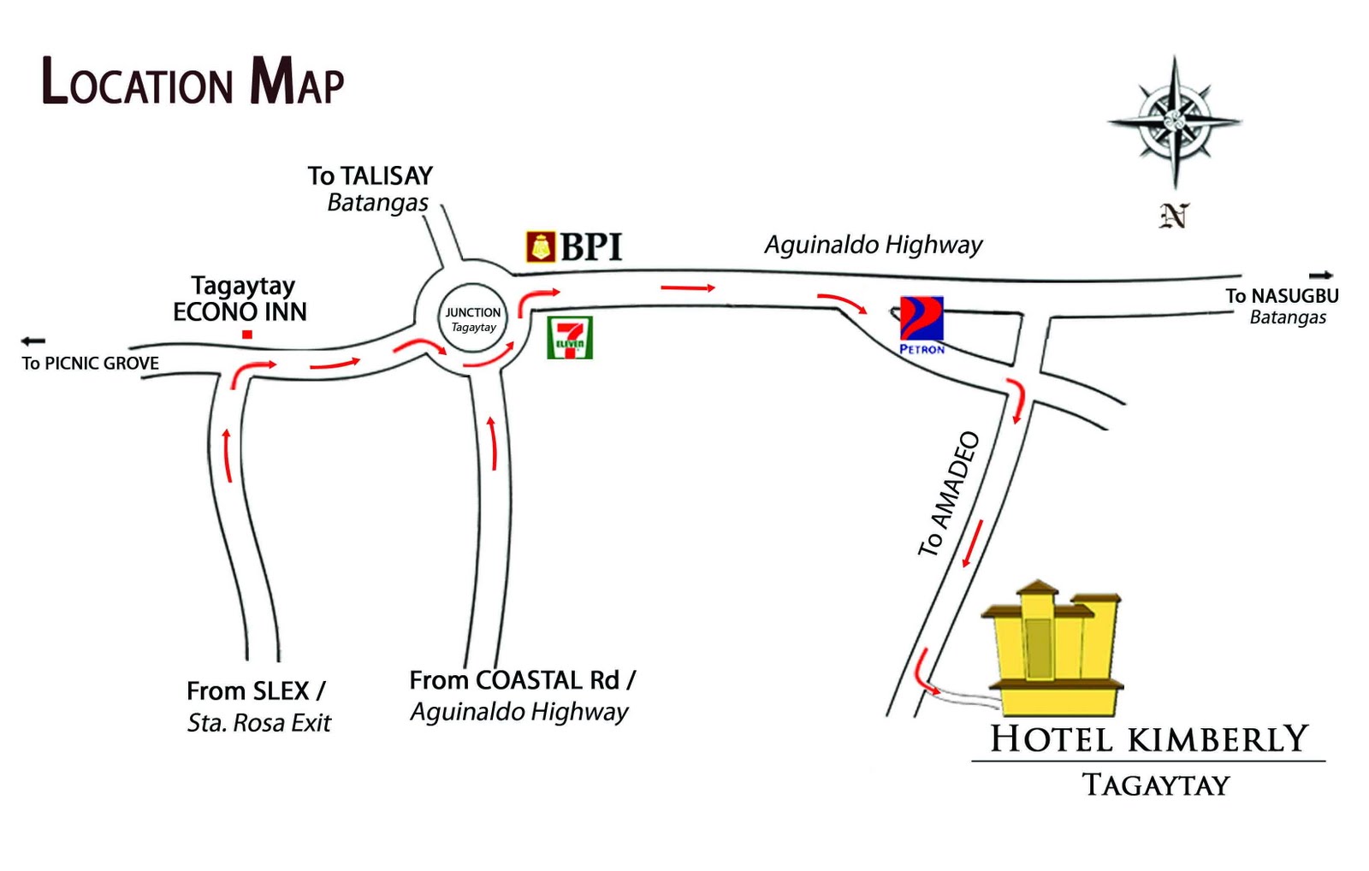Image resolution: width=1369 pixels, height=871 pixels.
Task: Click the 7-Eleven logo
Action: pyautogui.click(x=570, y=337)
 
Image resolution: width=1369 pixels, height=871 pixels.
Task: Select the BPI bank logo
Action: pyautogui.click(x=574, y=246)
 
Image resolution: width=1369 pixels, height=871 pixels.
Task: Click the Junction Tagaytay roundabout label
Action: pyautogui.click(x=473, y=319)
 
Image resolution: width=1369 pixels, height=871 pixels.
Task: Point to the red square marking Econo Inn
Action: pyautogui.click(x=247, y=335)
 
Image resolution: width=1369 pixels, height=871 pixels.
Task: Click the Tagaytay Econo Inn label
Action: pyautogui.click(x=240, y=299)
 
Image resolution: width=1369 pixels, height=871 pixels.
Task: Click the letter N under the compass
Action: pyautogui.click(x=1174, y=216)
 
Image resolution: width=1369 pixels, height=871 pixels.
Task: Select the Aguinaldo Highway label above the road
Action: pyautogui.click(x=873, y=245)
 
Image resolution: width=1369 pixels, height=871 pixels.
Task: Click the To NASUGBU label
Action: pyautogui.click(x=1282, y=297)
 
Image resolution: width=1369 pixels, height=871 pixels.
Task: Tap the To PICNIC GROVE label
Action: pyautogui.click(x=91, y=363)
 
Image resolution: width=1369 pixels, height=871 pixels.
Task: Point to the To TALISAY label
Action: pyautogui.click(x=370, y=176)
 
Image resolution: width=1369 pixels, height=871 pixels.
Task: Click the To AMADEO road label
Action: pyautogui.click(x=949, y=494)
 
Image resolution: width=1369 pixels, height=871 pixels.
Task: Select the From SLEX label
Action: pyautogui.click(x=256, y=690)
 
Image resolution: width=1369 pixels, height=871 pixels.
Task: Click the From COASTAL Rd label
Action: pyautogui.click(x=522, y=680)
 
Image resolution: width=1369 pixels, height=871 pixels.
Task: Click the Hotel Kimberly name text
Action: pyautogui.click(x=1149, y=739)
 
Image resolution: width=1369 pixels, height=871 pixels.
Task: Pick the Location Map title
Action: pyautogui.click(x=193, y=82)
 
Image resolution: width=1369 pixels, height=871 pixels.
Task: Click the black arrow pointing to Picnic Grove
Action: pyautogui.click(x=33, y=341)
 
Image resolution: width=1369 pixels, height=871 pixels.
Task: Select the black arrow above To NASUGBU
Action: pyautogui.click(x=1321, y=276)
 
